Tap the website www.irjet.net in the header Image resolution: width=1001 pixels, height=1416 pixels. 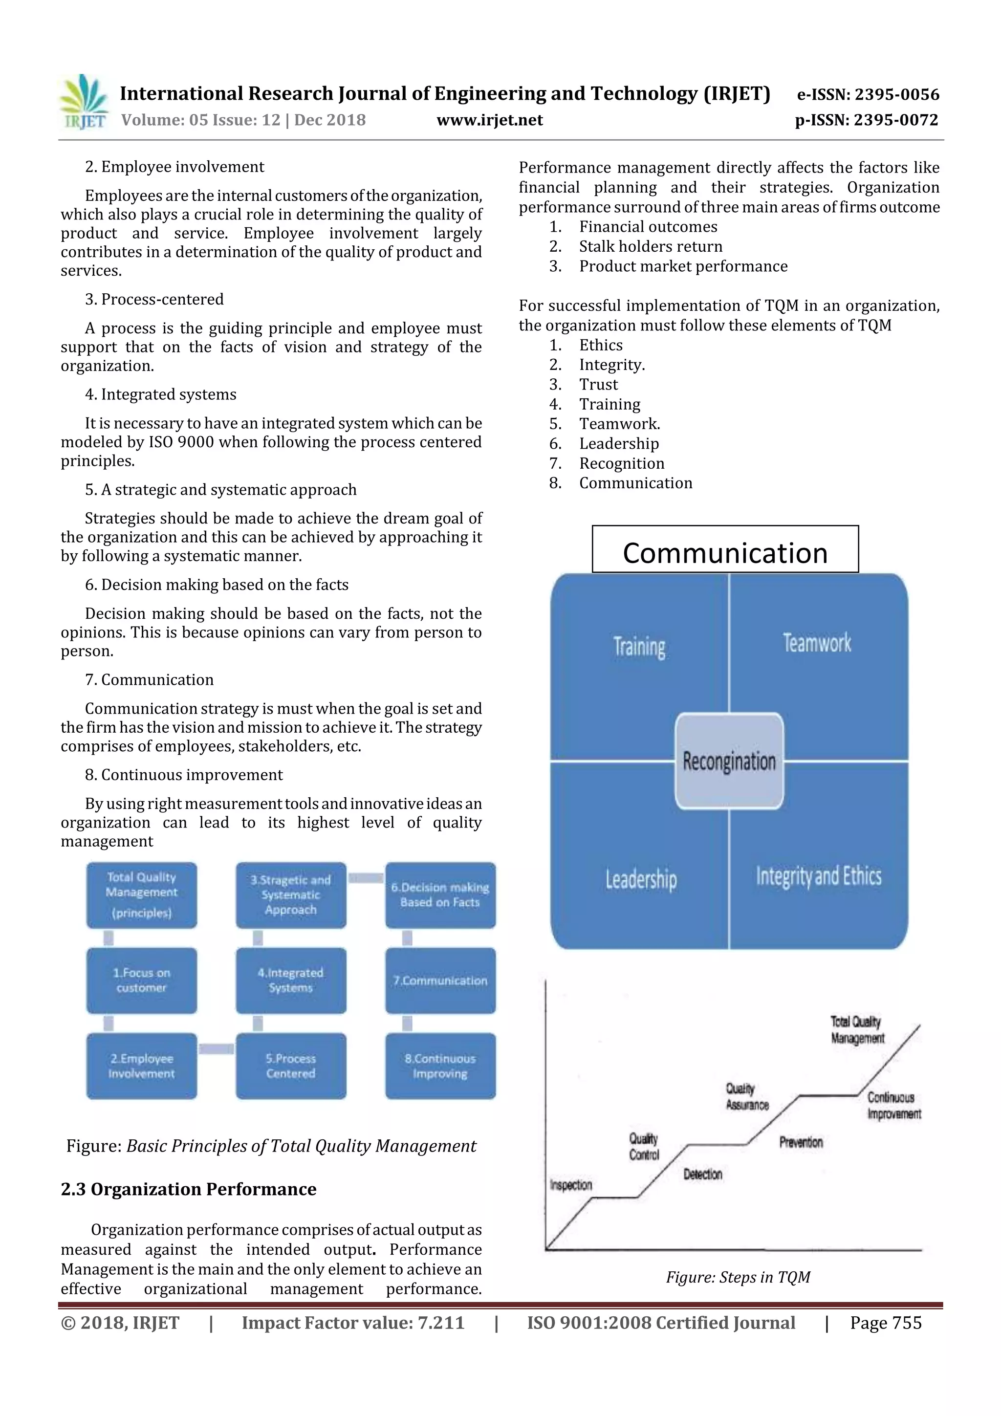tap(490, 120)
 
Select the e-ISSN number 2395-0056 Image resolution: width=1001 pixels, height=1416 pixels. tap(868, 94)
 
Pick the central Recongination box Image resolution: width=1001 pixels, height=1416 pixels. tap(729, 761)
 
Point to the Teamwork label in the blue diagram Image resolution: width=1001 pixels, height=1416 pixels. tap(817, 643)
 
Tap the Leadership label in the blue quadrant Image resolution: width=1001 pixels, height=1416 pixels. tap(641, 879)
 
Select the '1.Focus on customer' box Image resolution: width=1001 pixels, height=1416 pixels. tap(141, 980)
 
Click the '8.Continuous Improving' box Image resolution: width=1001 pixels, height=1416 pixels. tap(440, 1066)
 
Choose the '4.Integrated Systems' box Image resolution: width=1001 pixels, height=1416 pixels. tap(290, 980)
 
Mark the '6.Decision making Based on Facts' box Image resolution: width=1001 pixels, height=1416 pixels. tap(440, 895)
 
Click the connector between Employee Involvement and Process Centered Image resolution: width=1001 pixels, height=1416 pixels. tap(217, 1048)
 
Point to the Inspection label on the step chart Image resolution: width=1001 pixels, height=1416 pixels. tap(570, 1185)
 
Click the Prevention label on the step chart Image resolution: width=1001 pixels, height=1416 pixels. tap(801, 1142)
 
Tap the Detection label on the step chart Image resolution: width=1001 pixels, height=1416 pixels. tap(702, 1174)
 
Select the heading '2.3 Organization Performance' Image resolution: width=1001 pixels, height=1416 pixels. tap(189, 1190)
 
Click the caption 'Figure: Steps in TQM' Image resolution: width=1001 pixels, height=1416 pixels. tap(738, 1277)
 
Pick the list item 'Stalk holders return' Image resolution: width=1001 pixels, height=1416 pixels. tap(650, 247)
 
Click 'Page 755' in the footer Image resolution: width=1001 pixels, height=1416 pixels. tap(885, 1323)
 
